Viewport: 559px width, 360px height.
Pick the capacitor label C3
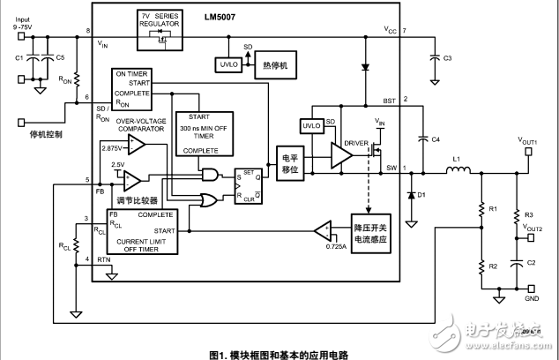tap(447, 58)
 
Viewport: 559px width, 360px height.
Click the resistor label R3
tap(529, 215)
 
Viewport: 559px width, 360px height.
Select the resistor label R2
tap(494, 266)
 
